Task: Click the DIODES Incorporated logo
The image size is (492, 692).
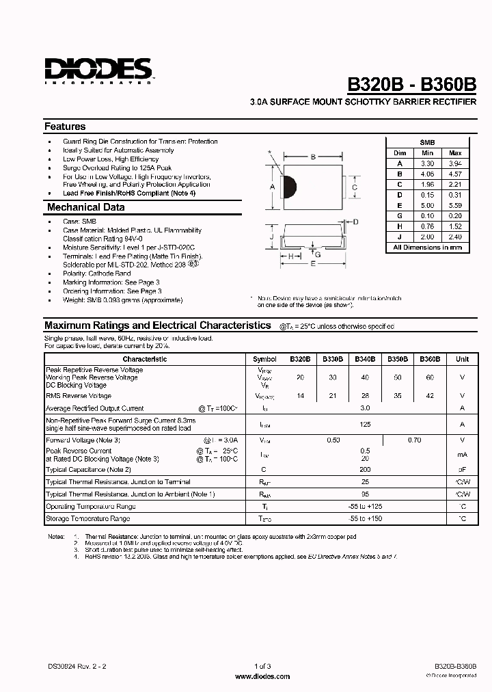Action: coord(98,70)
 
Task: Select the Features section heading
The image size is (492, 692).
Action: coord(65,127)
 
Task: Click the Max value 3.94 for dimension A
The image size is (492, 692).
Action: coord(456,164)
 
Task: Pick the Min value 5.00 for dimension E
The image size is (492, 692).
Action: coord(427,205)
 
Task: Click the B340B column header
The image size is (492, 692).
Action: coord(364,358)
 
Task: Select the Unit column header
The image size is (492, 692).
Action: coord(462,358)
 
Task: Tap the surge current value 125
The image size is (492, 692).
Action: coord(365,424)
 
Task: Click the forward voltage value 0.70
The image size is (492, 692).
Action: coord(414,440)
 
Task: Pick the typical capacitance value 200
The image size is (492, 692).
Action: coord(365,470)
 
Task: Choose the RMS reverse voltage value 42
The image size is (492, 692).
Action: coord(429,396)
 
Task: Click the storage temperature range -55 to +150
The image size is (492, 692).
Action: coord(365,519)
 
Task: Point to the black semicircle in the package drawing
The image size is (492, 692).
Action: coord(290,186)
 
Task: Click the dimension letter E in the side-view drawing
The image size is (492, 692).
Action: coord(314,263)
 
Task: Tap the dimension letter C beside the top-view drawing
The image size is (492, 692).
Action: coord(355,187)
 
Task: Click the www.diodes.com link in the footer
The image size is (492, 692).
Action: coord(262,676)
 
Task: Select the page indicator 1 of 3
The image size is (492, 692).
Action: coord(262,666)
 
